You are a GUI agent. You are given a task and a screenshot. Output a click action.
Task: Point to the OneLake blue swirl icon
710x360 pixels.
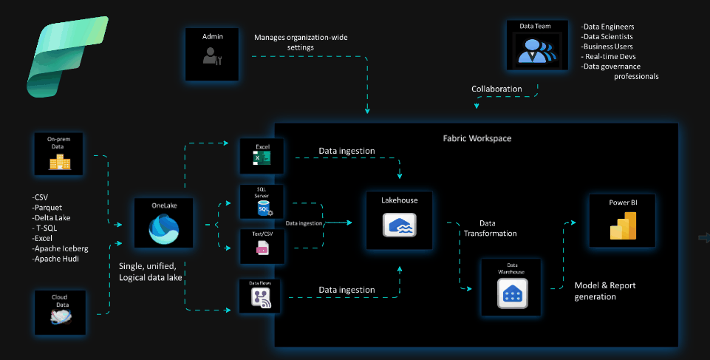tap(163, 229)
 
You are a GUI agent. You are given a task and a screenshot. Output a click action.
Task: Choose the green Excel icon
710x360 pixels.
tap(262, 159)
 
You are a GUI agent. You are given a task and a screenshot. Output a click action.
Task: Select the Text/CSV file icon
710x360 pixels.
tap(262, 249)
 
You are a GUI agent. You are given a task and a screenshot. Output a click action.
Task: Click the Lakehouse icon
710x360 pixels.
tap(399, 225)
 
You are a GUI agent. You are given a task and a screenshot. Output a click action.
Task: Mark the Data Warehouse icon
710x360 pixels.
tap(511, 295)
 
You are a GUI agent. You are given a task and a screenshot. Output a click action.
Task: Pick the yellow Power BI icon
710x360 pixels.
tap(623, 225)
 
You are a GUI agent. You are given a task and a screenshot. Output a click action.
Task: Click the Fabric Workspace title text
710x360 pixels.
tap(477, 138)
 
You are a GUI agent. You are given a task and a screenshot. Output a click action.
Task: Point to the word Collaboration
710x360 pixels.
tap(496, 89)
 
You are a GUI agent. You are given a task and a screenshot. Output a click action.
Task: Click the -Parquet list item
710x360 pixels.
tap(51, 208)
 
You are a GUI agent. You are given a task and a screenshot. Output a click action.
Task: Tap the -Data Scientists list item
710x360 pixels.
tap(607, 36)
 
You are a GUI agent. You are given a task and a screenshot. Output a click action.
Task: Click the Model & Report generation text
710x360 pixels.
tap(605, 291)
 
